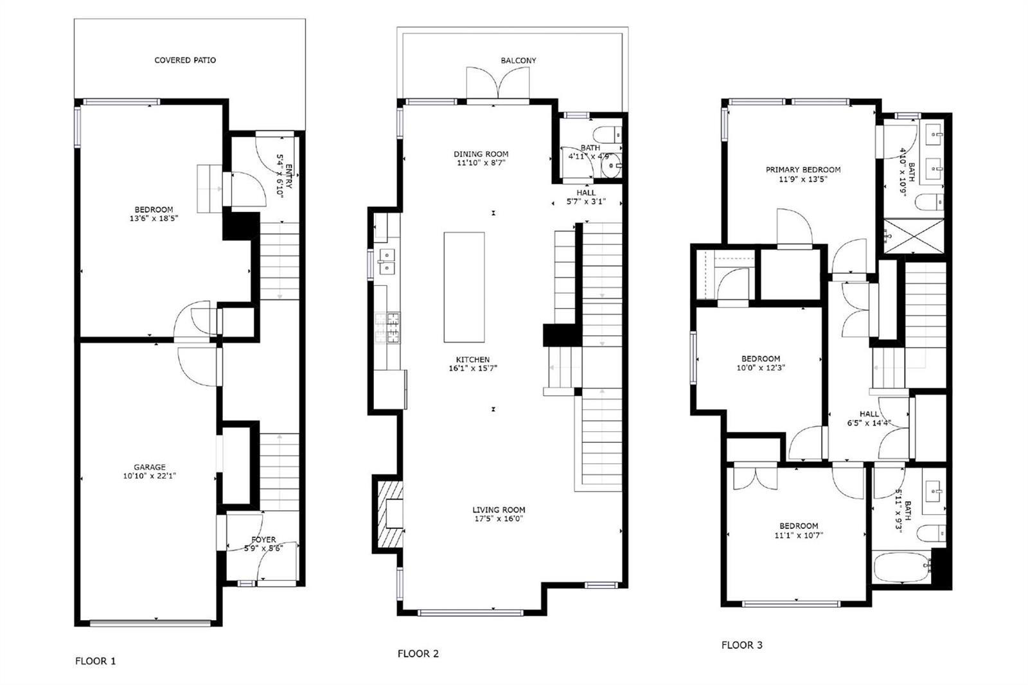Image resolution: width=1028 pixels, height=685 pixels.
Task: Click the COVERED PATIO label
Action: tap(185, 60)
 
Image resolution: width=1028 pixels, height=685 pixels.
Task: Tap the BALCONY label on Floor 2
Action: tap(518, 60)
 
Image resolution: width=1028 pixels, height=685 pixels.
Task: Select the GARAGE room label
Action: tap(150, 467)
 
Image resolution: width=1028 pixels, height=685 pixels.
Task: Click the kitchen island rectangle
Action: tap(464, 287)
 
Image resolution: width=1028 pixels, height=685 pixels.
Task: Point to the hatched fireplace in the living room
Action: tap(389, 513)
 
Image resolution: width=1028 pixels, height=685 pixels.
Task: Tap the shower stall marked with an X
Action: tap(914, 236)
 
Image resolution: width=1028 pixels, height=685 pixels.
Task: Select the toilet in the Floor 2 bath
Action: tap(607, 135)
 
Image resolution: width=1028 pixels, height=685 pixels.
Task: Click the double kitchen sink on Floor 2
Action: tap(387, 262)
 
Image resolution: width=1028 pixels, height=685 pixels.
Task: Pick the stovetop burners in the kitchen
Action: tap(387, 328)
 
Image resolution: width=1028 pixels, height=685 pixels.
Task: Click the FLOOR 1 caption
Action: tap(96, 661)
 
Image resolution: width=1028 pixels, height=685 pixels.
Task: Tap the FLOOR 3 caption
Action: tap(741, 645)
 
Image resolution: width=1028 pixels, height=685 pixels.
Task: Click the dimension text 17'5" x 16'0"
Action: tap(499, 519)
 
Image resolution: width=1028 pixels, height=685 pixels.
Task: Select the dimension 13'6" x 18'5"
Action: tap(154, 218)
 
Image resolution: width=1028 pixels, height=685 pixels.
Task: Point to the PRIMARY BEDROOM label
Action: tap(803, 170)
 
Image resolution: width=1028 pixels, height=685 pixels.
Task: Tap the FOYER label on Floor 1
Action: tap(263, 540)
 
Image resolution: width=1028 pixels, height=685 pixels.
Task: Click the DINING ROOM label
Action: tap(481, 154)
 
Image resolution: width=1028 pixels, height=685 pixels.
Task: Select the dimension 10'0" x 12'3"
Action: tap(761, 368)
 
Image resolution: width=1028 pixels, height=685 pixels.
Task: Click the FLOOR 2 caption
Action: tap(418, 654)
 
